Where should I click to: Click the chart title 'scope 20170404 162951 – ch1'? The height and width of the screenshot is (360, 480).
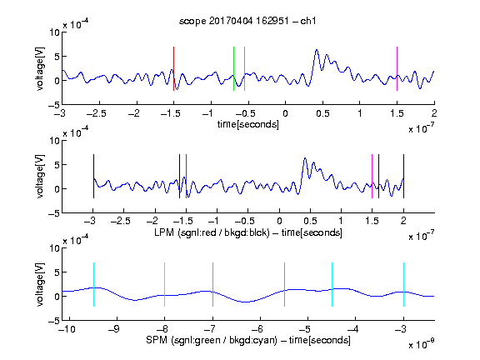click(247, 21)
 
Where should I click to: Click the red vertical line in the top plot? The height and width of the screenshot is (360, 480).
click(173, 68)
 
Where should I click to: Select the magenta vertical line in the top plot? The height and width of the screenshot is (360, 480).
click(397, 68)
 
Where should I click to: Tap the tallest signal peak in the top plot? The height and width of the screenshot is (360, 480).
click(317, 50)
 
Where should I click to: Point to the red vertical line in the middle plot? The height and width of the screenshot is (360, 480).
click(186, 177)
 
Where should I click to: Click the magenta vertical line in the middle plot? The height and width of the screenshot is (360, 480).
click(372, 177)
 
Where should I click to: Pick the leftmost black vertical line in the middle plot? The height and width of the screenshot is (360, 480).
click(93, 177)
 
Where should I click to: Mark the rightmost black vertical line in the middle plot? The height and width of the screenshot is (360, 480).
click(403, 177)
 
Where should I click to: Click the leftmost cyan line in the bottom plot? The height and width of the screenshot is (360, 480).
click(93, 284)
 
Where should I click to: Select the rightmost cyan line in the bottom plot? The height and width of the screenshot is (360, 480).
click(403, 284)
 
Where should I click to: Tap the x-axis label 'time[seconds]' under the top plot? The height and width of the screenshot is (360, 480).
click(248, 124)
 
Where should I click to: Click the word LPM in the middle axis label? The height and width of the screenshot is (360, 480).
click(164, 232)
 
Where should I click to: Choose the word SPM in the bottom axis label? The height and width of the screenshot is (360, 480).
click(157, 340)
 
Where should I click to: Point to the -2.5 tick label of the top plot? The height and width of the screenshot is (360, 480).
click(96, 114)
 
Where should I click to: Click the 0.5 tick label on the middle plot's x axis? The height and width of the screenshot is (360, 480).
click(310, 221)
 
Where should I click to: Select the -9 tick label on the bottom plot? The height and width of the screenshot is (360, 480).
click(114, 329)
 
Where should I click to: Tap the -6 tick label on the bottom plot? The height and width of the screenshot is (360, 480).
click(259, 329)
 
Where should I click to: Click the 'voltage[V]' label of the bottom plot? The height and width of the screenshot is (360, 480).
click(40, 284)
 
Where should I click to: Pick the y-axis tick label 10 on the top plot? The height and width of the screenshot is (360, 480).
click(55, 32)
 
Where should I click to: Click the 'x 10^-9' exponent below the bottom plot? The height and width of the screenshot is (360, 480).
click(422, 343)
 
